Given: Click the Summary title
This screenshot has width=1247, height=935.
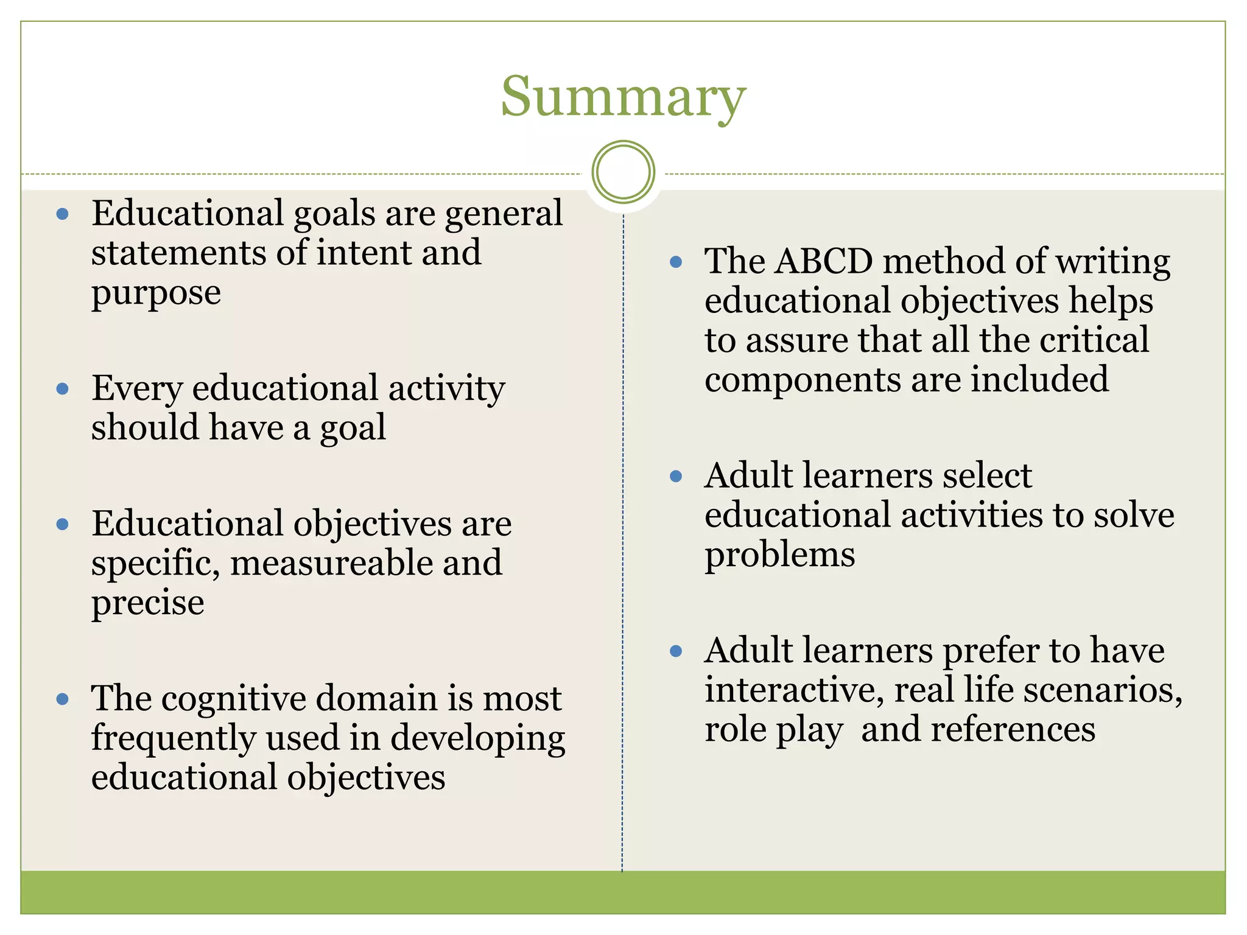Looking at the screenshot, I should tap(623, 97).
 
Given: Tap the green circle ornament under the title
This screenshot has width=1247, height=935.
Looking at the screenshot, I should tap(623, 172).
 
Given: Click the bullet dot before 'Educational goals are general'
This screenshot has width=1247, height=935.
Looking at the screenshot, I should tap(62, 214).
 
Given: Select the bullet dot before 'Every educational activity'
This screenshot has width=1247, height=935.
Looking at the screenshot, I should tap(62, 389).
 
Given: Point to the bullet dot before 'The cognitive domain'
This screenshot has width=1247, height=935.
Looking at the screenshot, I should tap(62, 699).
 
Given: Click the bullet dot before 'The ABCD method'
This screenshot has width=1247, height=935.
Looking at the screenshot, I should tap(675, 262).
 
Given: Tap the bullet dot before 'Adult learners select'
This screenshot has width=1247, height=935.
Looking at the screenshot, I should tap(675, 476).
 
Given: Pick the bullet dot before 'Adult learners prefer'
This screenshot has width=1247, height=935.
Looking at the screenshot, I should tap(675, 651).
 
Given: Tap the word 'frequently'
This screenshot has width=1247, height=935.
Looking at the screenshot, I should tap(174, 738).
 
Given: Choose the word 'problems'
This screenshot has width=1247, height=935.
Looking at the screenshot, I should tap(779, 556).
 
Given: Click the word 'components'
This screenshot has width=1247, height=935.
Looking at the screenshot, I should tap(803, 380).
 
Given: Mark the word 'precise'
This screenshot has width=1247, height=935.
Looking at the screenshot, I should tap(147, 604).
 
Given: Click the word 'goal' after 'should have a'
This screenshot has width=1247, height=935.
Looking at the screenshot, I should tap(353, 429).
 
